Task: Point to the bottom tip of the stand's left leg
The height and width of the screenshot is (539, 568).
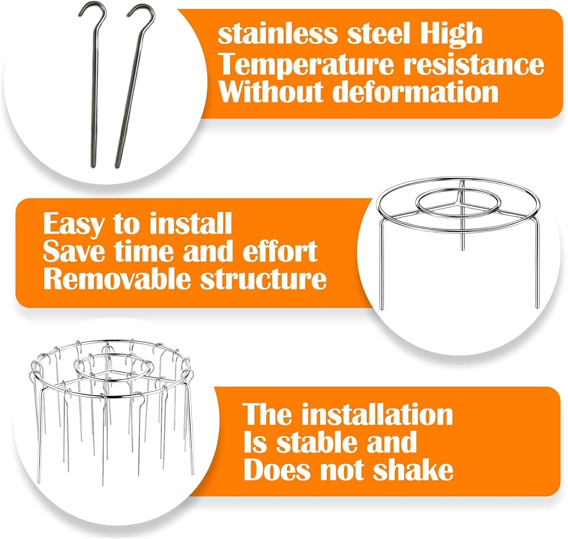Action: [x=382, y=309]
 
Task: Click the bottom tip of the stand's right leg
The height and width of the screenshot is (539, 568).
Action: [x=538, y=307]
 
